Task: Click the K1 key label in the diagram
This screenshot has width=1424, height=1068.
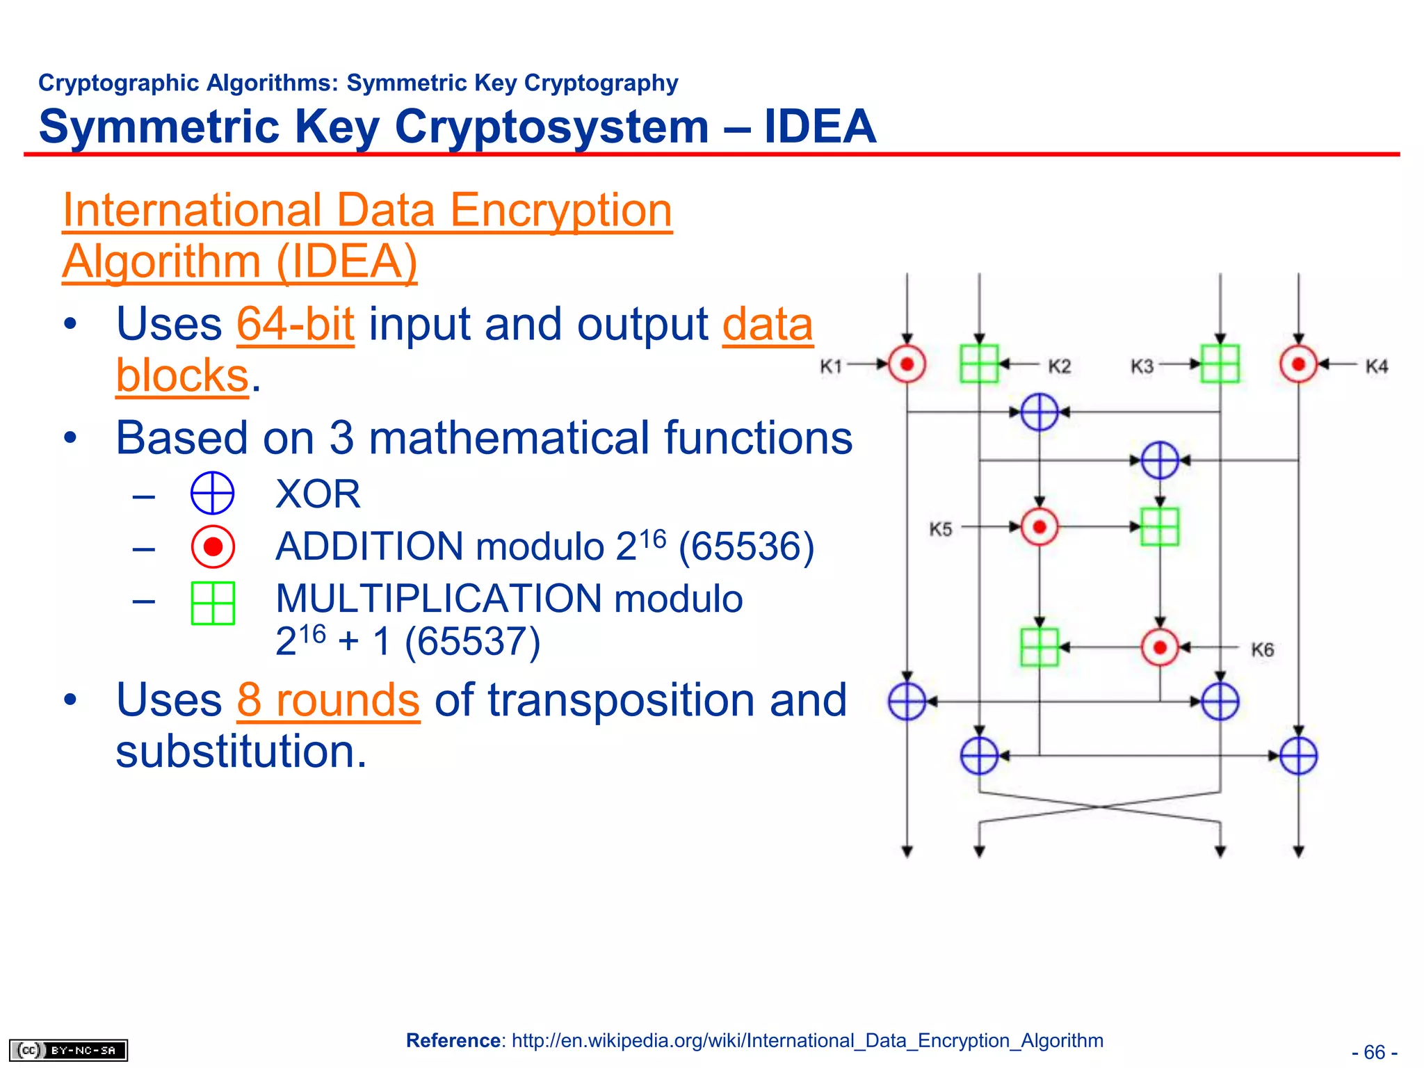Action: tap(831, 366)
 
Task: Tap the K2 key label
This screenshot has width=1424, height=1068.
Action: tap(1059, 366)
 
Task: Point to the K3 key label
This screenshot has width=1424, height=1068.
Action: tap(1142, 366)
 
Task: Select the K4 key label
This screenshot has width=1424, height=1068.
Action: tap(1376, 366)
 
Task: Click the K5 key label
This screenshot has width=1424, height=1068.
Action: tap(940, 529)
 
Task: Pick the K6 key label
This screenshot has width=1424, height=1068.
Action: tap(1262, 650)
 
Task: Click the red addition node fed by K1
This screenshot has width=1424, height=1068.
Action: tap(907, 364)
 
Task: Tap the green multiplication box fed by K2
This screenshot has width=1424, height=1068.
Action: tap(979, 364)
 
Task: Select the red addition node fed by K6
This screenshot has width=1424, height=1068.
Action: tap(1160, 648)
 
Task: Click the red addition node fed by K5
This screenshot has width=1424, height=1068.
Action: tap(1039, 527)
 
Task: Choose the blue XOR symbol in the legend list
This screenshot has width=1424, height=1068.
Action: tap(212, 493)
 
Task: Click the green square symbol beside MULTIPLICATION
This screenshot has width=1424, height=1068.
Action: tap(213, 603)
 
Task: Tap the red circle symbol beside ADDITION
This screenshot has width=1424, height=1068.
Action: tap(213, 547)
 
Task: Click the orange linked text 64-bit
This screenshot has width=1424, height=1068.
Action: tap(296, 325)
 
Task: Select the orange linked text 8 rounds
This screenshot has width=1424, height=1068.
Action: tap(328, 700)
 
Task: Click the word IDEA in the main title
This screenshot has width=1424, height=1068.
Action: tap(820, 127)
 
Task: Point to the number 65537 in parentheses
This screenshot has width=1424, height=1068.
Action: tap(472, 641)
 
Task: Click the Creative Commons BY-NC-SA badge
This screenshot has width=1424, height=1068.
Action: tap(68, 1050)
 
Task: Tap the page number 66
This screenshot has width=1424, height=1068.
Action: tap(1374, 1052)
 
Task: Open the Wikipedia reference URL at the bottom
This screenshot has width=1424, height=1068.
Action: tap(807, 1040)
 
